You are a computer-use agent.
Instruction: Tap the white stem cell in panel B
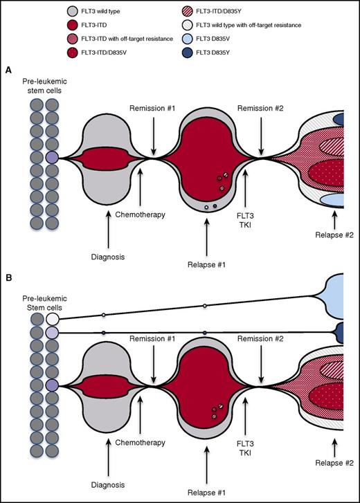[x=53, y=319]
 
